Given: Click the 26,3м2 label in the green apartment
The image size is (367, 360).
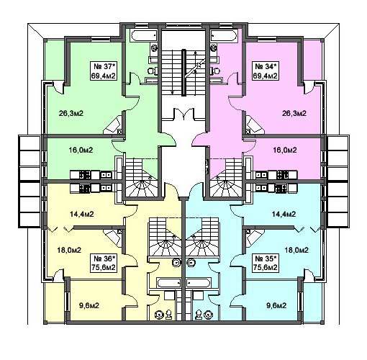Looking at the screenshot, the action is point(71,113).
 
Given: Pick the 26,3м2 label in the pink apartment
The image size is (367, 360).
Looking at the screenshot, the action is point(294,113).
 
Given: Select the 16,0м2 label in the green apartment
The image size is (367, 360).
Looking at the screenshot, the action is point(81,150).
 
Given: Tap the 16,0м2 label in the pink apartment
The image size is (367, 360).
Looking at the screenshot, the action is point(285,150).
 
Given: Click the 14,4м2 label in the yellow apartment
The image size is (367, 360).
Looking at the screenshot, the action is point(81,214).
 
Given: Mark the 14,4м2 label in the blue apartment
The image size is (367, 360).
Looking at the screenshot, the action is point(284,214).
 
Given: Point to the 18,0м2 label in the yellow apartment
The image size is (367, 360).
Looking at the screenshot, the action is point(69,250).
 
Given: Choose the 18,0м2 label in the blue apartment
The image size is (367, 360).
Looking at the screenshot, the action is point(296,250).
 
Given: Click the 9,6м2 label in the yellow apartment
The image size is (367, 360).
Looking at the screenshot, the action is point(89,306).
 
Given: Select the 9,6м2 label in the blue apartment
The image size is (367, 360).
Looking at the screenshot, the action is point(276,306).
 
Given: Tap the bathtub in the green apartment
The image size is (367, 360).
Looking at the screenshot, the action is point(144,35).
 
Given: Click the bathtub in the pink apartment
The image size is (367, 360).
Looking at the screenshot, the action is point(223,35).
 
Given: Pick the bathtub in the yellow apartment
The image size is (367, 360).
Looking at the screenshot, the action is point(168,283).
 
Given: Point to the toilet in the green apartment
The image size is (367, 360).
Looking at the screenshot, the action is point(153,71).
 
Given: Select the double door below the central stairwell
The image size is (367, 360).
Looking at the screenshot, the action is point(183,114).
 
